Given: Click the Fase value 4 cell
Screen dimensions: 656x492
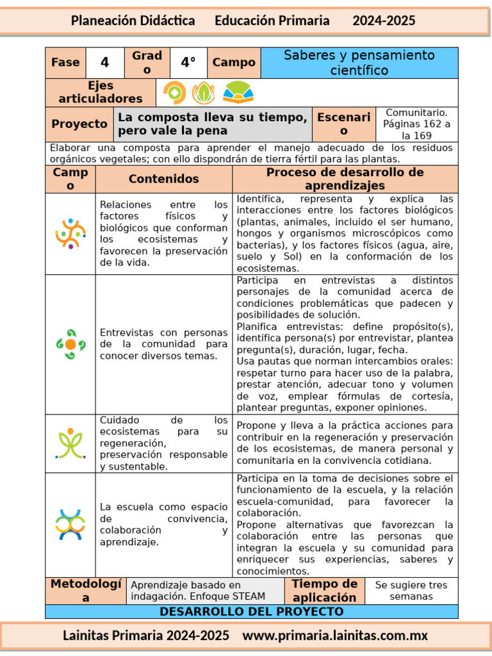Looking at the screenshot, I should click(x=104, y=63).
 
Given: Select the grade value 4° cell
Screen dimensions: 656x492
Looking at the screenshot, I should click(x=188, y=63).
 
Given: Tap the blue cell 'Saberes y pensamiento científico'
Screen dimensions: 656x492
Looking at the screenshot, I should click(x=359, y=63).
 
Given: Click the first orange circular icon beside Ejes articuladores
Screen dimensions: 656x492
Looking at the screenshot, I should click(x=174, y=93).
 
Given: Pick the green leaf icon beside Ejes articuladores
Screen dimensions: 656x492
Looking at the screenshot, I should click(x=204, y=93).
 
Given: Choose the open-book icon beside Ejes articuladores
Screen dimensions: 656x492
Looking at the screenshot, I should click(x=238, y=93).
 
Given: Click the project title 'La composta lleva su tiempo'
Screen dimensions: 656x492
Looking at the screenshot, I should click(x=212, y=124).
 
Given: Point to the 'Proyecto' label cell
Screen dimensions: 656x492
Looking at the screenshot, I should click(x=79, y=124).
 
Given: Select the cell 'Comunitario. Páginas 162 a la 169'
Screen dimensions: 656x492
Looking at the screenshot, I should click(x=417, y=124).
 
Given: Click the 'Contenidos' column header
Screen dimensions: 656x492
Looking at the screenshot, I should click(x=164, y=179).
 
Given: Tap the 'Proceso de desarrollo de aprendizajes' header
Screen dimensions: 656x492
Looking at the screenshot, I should click(x=345, y=179).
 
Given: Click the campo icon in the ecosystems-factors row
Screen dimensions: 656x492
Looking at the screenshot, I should click(x=70, y=234).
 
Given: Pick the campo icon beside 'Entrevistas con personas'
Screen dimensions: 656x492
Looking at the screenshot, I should click(x=70, y=344).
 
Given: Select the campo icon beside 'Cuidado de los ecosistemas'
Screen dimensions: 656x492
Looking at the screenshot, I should click(x=70, y=443).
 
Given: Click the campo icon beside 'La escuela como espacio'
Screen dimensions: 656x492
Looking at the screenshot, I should click(x=70, y=525).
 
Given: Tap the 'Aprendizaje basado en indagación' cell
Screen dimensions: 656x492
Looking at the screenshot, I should click(x=205, y=591).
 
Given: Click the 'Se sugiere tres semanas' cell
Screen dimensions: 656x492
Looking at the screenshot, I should click(x=411, y=591).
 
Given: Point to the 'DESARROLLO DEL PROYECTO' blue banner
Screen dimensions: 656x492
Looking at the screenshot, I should click(x=251, y=612).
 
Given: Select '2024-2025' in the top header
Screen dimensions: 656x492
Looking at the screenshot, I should click(x=384, y=20).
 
